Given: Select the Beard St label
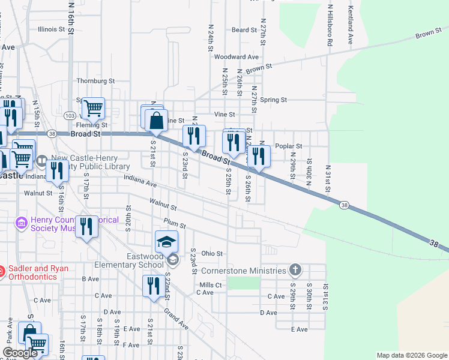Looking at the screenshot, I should [244, 30].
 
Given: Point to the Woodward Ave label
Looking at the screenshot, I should [236, 57].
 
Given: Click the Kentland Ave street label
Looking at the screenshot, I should [349, 26].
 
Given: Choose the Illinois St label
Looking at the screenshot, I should [51, 29].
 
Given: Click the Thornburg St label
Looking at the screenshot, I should [95, 81].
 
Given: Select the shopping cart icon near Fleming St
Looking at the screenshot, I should [93, 109].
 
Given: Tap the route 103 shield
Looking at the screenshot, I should [70, 115].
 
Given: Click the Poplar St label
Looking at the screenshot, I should [288, 146].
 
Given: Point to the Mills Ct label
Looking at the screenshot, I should [211, 285].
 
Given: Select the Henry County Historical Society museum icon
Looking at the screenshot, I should [22, 223].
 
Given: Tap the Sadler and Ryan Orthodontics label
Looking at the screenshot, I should [38, 272].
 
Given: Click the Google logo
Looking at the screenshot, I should [19, 353].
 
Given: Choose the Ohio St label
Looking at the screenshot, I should [212, 254].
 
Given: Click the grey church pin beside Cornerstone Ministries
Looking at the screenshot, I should [294, 269].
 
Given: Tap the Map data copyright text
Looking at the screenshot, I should [411, 355].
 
